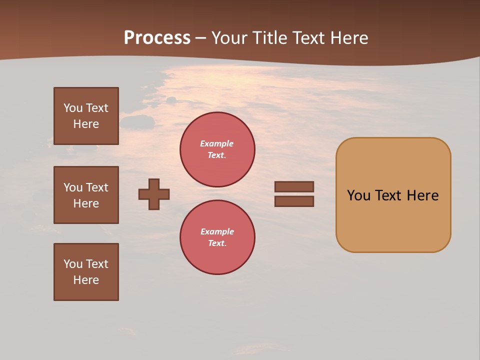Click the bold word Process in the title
pos(157,38)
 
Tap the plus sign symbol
pos(154,194)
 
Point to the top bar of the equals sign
pos(294,186)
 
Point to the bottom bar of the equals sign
pos(294,201)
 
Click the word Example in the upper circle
pos(217,143)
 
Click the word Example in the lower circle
pos(217,231)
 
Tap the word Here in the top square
pos(86,124)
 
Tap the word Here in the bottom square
pos(86,280)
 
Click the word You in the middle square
pos(73,187)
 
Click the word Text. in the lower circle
pos(217,243)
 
